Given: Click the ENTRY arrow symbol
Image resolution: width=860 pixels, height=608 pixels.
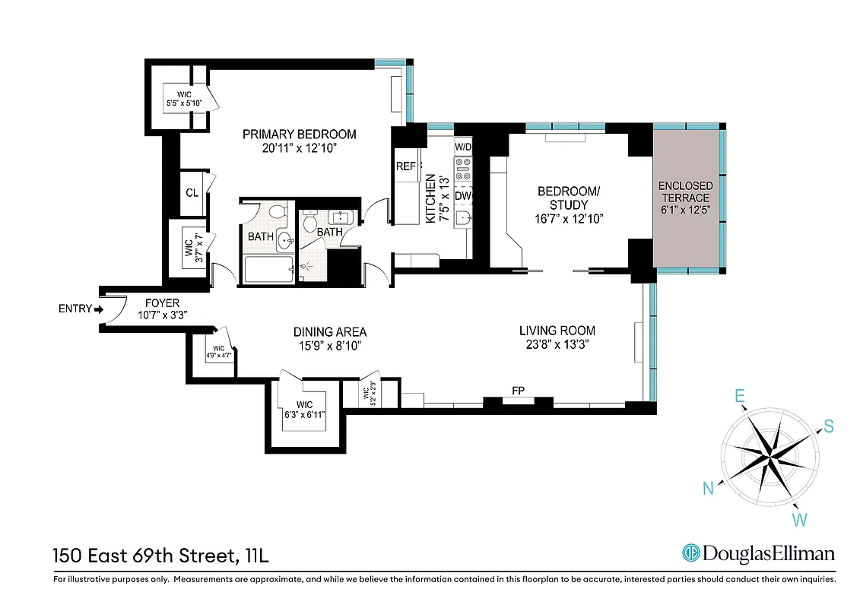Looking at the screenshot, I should [98, 309].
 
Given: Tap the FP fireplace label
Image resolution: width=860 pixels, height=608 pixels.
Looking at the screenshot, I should [519, 391].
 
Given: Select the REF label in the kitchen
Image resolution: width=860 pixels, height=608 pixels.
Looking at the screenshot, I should [405, 166].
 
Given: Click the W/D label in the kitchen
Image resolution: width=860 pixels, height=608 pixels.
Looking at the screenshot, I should [463, 146].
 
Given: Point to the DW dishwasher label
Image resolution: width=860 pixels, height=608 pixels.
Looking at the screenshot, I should [462, 196].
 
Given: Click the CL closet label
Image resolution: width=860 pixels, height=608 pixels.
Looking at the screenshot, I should [192, 193].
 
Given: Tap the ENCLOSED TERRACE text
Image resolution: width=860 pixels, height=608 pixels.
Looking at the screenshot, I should [686, 192].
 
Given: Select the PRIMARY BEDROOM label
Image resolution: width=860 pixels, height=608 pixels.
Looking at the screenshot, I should [299, 135].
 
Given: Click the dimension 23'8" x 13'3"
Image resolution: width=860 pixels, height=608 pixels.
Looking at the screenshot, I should [557, 344].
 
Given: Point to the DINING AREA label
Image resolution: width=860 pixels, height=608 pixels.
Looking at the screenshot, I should [330, 332].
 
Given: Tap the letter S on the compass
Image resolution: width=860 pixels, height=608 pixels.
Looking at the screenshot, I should [828, 427].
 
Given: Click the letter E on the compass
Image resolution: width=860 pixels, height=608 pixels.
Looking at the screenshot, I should [738, 397].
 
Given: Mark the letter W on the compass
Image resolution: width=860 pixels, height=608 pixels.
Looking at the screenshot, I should [800, 521].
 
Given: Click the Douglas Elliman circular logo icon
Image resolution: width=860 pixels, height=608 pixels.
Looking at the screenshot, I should [690, 553].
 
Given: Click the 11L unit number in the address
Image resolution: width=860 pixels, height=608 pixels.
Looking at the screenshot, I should [257, 556].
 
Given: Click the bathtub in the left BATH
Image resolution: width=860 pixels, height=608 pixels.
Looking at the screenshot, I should [268, 268].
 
